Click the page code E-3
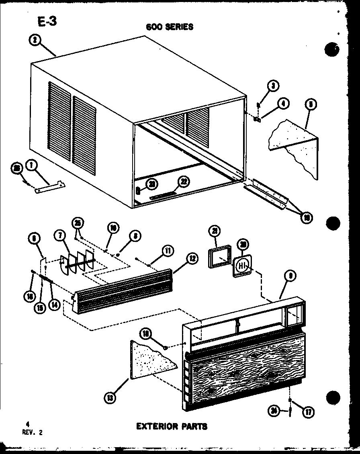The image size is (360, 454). pyautogui.click(x=47, y=22)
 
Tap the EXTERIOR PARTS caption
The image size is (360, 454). pyautogui.click(x=172, y=426)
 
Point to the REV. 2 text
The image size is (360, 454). pyautogui.click(x=34, y=432)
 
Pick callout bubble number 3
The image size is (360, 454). pyautogui.click(x=274, y=86)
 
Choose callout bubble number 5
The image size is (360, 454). pyautogui.click(x=310, y=104)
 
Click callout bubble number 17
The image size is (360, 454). pyautogui.click(x=309, y=411)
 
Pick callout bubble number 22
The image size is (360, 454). pyautogui.click(x=183, y=182)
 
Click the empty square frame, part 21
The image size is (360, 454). pyautogui.click(x=219, y=257)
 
